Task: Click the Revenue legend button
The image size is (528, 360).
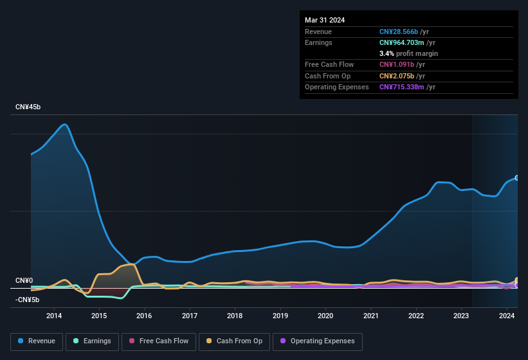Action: click(x=37, y=341)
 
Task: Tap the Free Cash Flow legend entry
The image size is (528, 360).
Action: click(x=159, y=341)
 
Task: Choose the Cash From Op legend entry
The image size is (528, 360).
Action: click(x=234, y=341)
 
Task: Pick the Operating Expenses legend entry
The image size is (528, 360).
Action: click(x=317, y=341)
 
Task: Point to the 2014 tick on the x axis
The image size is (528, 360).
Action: click(x=54, y=316)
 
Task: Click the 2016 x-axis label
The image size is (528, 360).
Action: click(x=144, y=316)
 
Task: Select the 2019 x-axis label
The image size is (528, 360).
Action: click(x=280, y=316)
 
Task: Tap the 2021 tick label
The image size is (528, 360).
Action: click(x=370, y=316)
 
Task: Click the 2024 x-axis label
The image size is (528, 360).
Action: click(x=507, y=316)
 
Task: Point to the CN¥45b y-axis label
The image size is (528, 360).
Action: click(x=28, y=107)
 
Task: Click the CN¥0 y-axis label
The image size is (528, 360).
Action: click(x=24, y=281)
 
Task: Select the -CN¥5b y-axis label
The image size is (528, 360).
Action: click(x=28, y=300)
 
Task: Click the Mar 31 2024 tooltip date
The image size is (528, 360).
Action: click(x=325, y=20)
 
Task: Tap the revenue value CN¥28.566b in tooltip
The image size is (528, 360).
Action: click(x=399, y=32)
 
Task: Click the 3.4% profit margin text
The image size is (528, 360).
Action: click(x=408, y=53)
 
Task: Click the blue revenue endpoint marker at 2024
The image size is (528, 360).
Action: click(x=516, y=178)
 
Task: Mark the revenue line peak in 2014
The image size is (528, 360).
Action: click(x=64, y=124)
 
